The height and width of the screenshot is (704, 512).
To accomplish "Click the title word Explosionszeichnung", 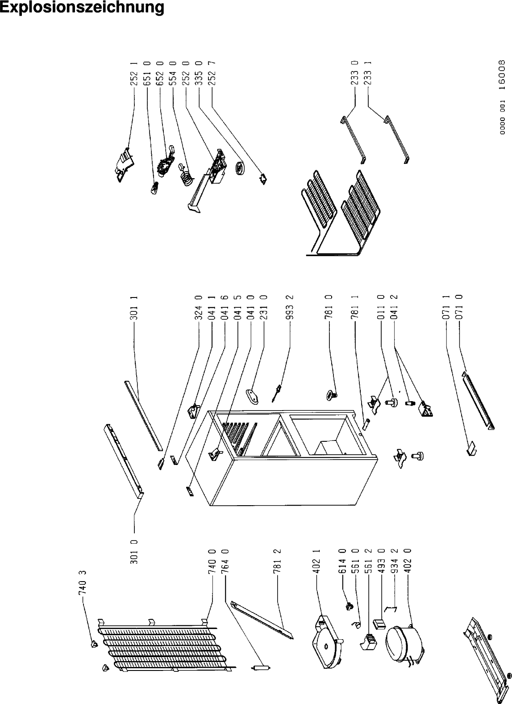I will [x=82, y=8].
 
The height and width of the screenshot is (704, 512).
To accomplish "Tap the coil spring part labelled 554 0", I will [x=186, y=176].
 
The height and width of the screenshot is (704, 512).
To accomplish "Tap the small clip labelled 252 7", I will [x=263, y=178].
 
